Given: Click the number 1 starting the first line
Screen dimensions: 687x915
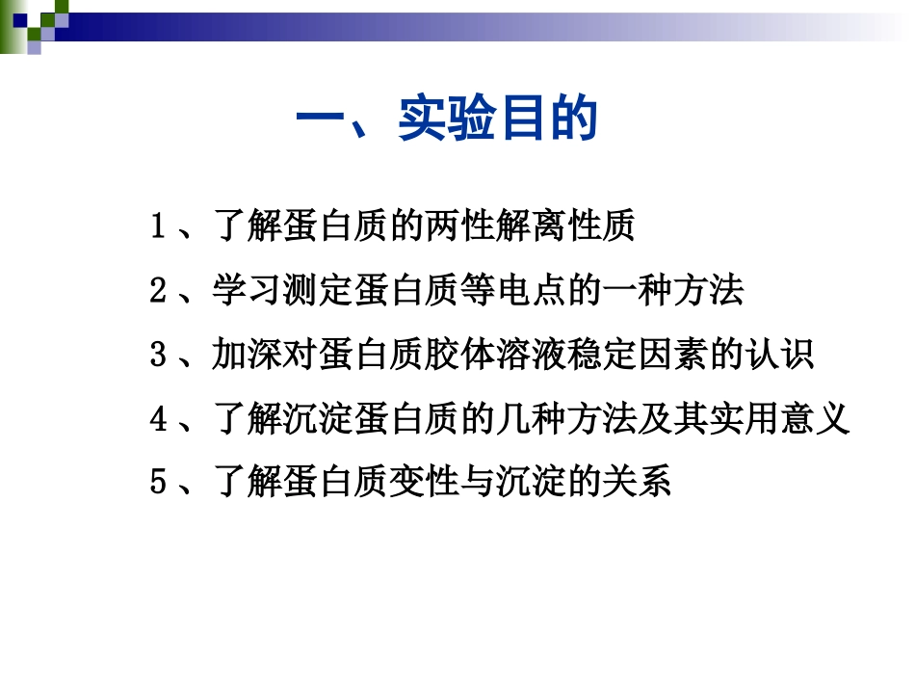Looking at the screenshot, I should click(159, 228).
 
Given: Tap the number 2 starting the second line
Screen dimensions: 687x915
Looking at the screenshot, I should click(159, 292).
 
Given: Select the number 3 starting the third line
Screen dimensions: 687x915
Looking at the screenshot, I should click(159, 356).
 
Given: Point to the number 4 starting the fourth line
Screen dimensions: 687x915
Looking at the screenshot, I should click(159, 419).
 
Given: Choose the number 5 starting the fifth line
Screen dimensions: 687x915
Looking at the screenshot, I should click(159, 483).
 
